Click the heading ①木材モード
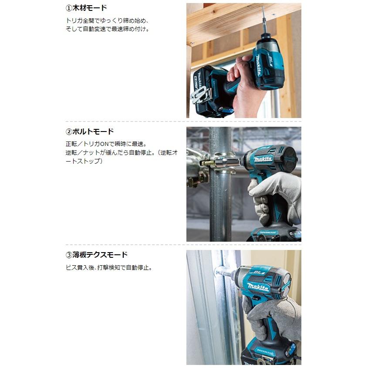coord(85,8)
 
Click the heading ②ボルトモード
coord(89,132)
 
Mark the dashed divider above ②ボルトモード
coord(183,122)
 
